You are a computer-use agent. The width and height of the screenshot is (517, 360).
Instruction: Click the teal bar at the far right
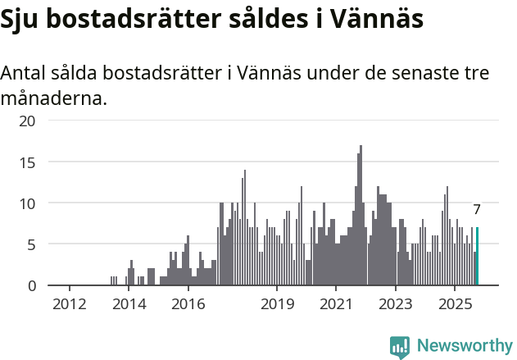point(478,257)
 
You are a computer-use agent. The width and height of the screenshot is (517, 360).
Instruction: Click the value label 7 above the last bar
point(477,209)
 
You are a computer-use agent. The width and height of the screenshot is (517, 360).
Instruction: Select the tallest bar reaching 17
point(361,216)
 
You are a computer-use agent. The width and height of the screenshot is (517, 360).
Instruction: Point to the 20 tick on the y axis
point(28,121)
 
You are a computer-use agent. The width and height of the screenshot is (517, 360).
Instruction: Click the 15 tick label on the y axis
point(28,162)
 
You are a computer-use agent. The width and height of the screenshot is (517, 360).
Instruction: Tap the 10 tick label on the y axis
point(28,203)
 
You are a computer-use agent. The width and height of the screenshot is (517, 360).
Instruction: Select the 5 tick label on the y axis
point(31,244)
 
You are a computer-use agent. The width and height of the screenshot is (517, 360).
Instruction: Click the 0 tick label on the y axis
point(31,285)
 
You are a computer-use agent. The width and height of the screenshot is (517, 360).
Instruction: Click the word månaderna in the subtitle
point(52,99)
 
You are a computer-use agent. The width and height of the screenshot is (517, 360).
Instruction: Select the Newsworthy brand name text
point(465,346)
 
